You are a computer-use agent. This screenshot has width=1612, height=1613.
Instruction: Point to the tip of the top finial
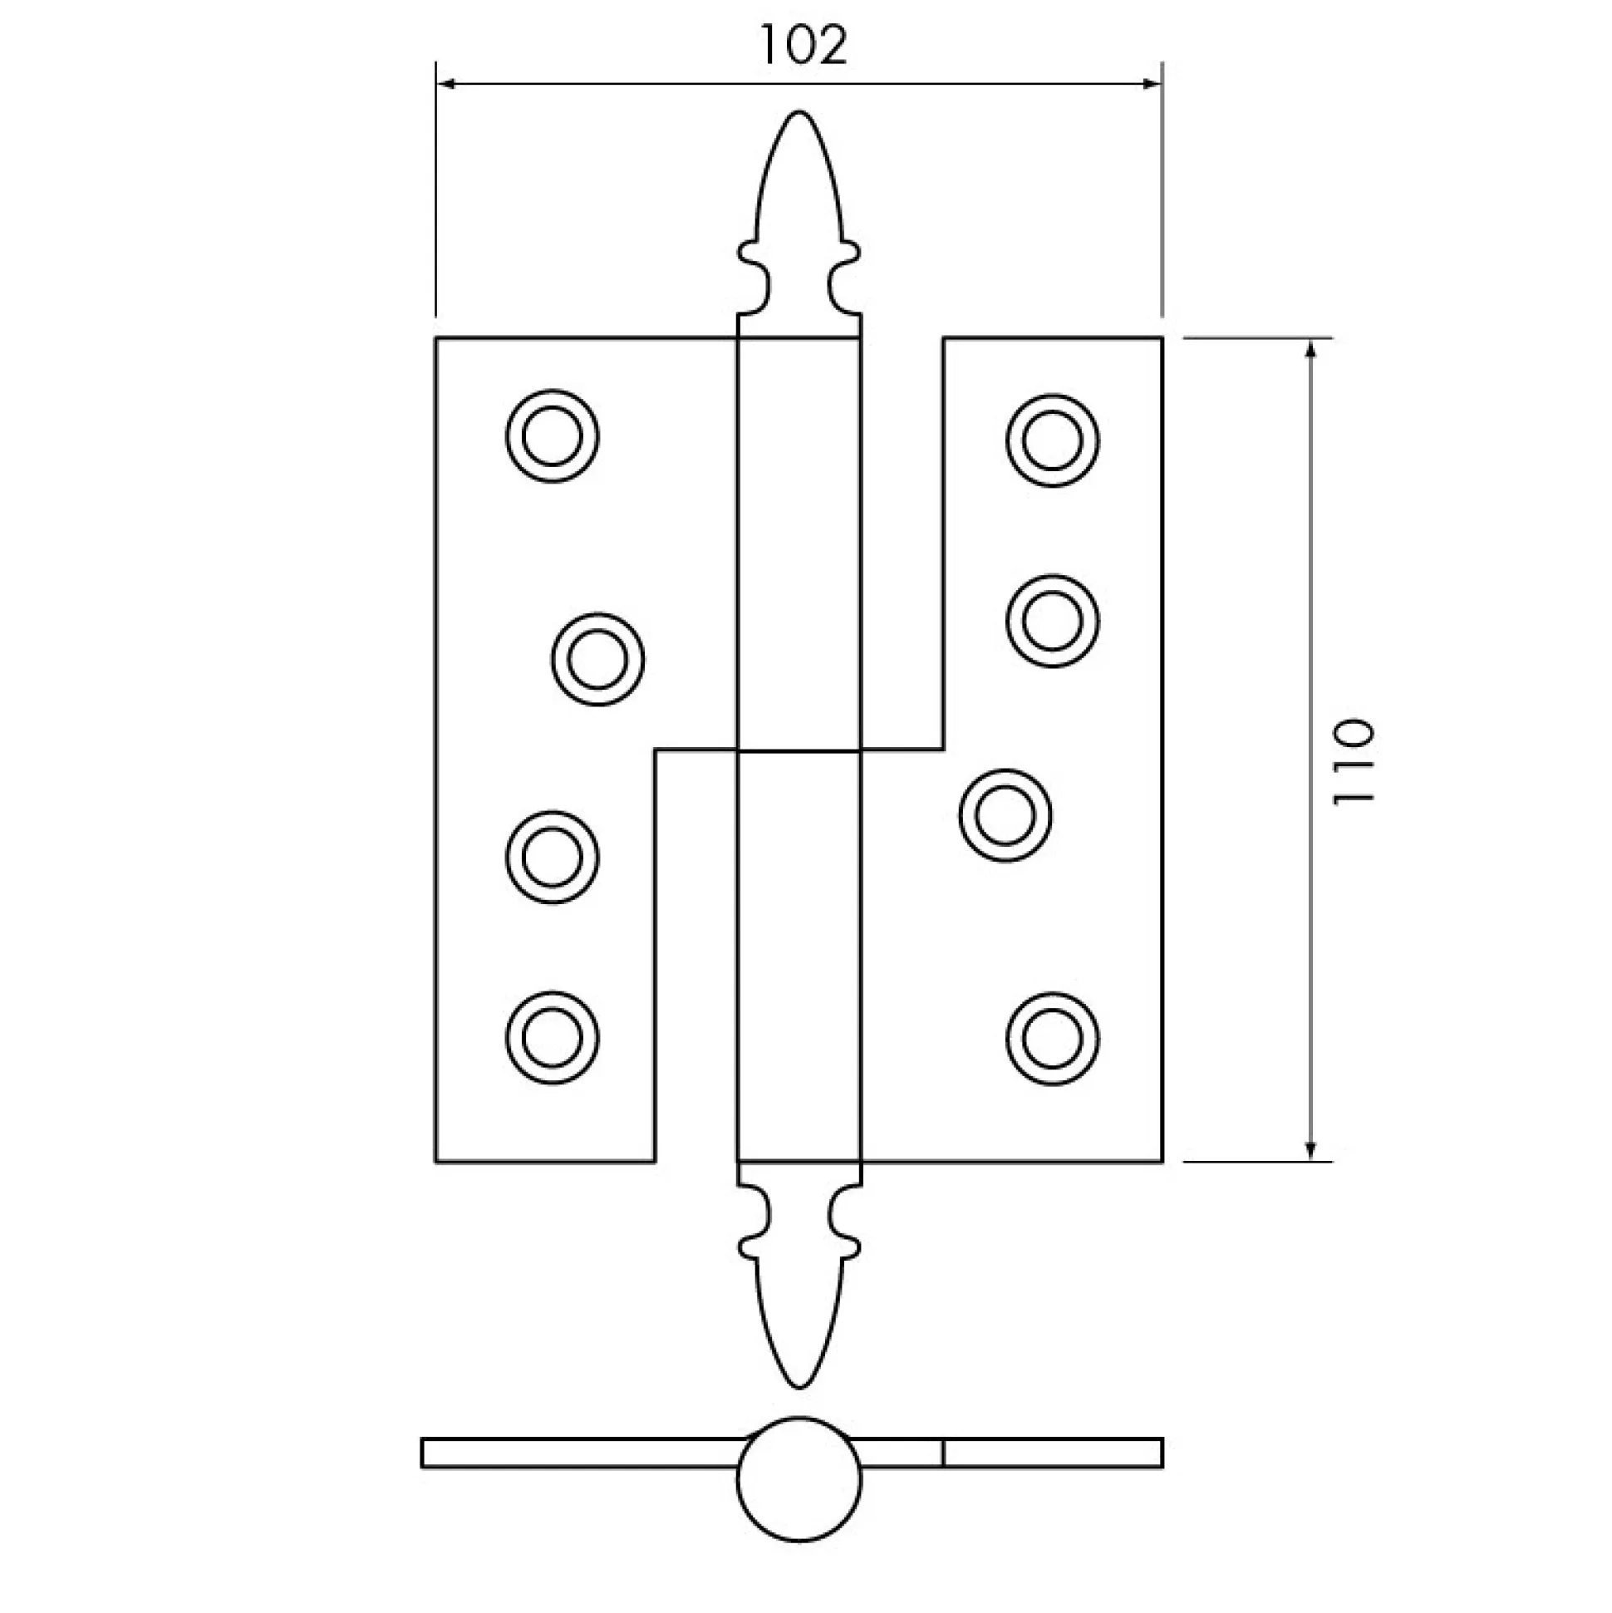click(x=799, y=111)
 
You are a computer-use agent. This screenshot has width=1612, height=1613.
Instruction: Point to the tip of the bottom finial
click(x=799, y=1388)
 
